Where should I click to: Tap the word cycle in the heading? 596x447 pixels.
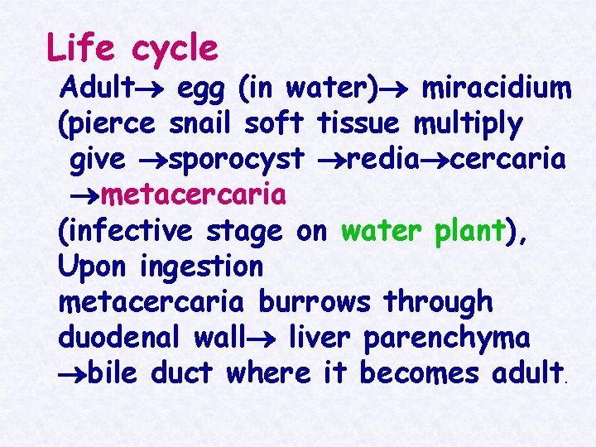(174, 50)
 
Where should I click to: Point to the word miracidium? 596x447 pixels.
(496, 86)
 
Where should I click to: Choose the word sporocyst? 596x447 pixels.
(236, 161)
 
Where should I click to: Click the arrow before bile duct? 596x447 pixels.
(71, 374)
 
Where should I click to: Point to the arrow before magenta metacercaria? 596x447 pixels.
(83, 196)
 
